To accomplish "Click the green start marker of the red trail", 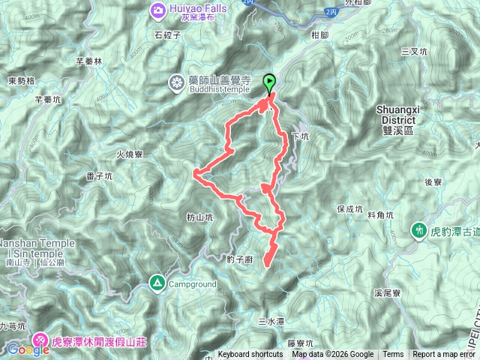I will pyautogui.click(x=269, y=83).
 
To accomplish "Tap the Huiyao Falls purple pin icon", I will pyautogui.click(x=159, y=10).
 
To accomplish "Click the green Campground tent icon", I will pyautogui.click(x=157, y=283).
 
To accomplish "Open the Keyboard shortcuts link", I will pyautogui.click(x=250, y=355).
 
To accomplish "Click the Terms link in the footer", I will pyautogui.click(x=393, y=355).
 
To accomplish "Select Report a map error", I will pyautogui.click(x=444, y=355).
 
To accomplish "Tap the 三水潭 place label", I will pyautogui.click(x=271, y=321).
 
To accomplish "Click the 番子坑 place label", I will pyautogui.click(x=99, y=176).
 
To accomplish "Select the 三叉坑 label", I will pyautogui.click(x=414, y=52).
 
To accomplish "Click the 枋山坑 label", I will pyautogui.click(x=199, y=217).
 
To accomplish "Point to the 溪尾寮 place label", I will pyautogui.click(x=388, y=293).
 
